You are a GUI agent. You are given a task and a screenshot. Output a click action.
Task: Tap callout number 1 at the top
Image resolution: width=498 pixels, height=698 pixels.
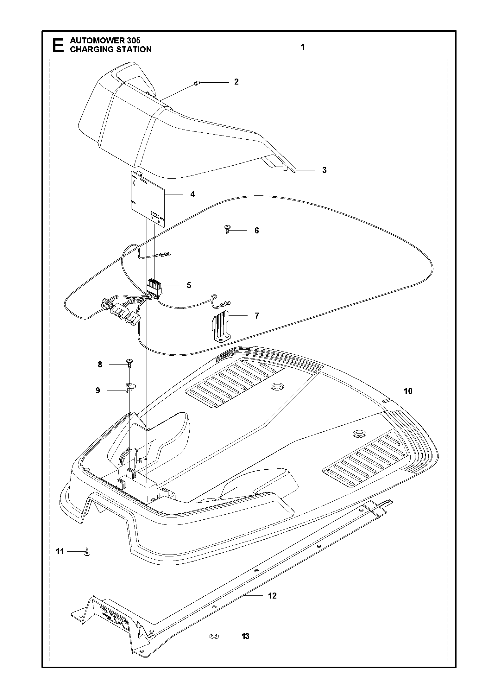point(303,47)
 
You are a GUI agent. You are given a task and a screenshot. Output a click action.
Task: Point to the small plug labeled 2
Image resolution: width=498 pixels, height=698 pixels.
point(196,83)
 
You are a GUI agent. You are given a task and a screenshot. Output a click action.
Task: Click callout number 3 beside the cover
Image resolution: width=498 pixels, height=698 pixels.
point(324,170)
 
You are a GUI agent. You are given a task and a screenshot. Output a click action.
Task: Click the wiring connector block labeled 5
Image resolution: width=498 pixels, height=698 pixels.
point(154,286)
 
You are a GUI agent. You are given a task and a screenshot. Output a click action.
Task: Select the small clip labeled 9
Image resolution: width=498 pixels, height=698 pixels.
point(129,387)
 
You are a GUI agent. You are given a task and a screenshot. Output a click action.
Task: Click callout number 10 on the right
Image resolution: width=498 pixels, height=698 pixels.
point(408,391)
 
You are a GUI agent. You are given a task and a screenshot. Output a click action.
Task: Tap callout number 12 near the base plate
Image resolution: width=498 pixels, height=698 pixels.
point(272,596)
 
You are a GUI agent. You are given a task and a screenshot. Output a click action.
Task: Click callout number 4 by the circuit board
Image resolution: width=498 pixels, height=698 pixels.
point(192,194)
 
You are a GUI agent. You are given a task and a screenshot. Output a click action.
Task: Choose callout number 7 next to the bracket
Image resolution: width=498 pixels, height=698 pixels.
point(257,316)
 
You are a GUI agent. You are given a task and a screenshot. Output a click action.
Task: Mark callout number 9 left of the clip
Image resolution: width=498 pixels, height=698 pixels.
point(98,390)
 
